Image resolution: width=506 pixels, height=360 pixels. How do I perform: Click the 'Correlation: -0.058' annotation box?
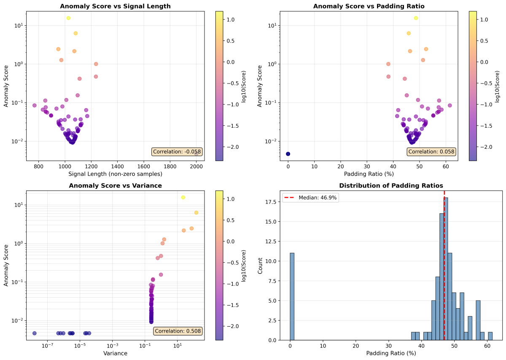177,152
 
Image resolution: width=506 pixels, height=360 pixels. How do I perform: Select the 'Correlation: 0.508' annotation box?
178,331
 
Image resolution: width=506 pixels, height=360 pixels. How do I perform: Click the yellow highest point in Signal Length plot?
68,18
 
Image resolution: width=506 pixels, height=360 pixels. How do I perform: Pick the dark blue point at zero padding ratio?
288,154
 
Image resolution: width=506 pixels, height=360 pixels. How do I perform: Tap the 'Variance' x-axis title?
115,353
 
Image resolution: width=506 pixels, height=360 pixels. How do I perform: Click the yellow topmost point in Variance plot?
183,197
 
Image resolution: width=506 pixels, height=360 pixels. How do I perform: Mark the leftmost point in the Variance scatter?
35,333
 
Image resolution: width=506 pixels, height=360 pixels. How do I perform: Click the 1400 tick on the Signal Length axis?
118,167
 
